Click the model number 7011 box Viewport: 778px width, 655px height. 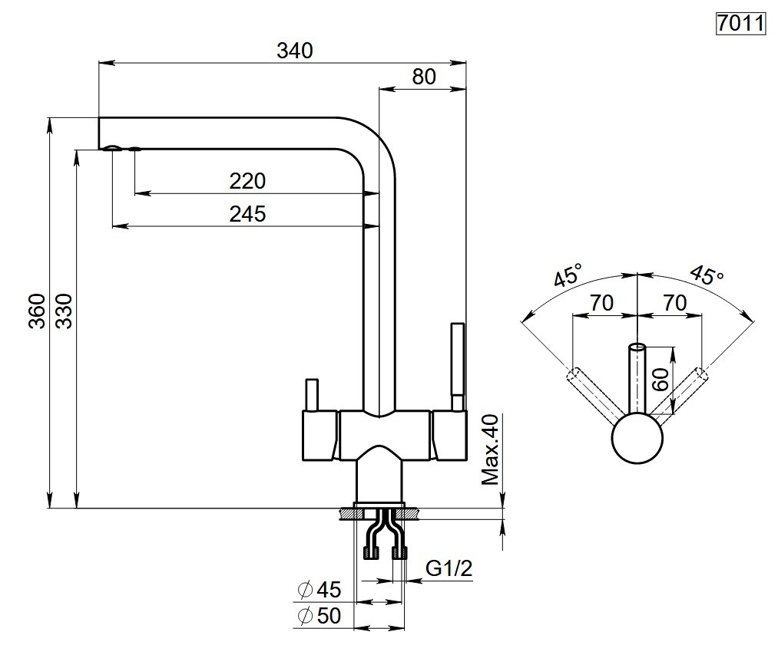(x=740, y=24)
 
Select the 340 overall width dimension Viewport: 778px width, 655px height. (x=296, y=51)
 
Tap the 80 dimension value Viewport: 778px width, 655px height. (x=423, y=77)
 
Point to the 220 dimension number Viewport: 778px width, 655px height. (x=247, y=181)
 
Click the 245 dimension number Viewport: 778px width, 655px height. (x=247, y=214)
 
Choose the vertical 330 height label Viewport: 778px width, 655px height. (x=65, y=310)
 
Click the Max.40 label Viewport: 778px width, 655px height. (x=490, y=450)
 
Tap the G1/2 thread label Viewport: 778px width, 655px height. (x=449, y=568)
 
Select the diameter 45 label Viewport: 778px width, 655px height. (x=319, y=590)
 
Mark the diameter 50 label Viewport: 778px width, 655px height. (x=319, y=616)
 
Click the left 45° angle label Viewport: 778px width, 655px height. (x=569, y=275)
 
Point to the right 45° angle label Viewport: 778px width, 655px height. (x=706, y=275)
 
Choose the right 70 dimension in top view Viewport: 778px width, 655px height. (x=674, y=303)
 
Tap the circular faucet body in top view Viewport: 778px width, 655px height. (x=637, y=439)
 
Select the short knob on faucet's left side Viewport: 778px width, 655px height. (x=311, y=394)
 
